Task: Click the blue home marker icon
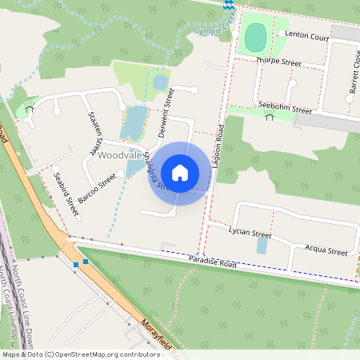[x=180, y=173]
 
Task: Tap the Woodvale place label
[x=120, y=154]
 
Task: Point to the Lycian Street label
[x=250, y=234]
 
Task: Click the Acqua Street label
[x=326, y=250]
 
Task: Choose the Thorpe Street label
[x=278, y=61]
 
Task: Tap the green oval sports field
[x=255, y=37]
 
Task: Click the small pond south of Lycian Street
[x=262, y=246]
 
